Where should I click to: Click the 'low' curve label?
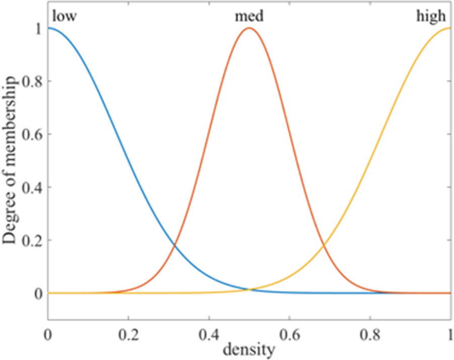(x=64, y=17)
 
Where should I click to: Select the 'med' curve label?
(x=249, y=17)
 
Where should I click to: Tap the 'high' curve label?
(x=431, y=17)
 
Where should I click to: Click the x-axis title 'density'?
(x=249, y=349)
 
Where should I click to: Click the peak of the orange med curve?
(x=249, y=28)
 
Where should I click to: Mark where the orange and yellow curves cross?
(x=323, y=245)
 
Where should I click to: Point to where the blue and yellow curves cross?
(x=249, y=289)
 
